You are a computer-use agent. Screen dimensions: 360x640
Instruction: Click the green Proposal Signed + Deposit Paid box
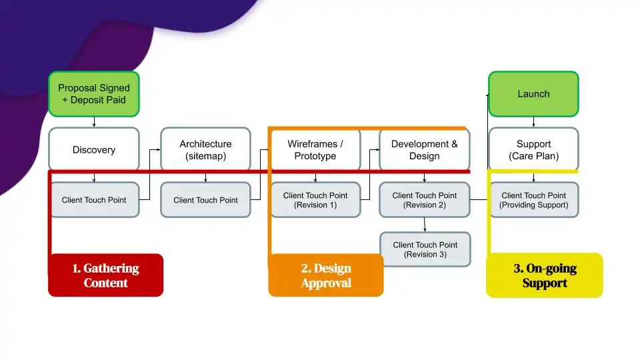94,94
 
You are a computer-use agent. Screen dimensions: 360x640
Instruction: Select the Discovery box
94,149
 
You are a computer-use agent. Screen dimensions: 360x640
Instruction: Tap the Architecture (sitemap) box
205,149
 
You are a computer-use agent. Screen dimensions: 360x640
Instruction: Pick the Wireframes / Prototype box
315,149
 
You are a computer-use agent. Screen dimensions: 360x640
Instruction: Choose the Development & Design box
425,149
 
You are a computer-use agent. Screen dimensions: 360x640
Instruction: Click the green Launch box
533,94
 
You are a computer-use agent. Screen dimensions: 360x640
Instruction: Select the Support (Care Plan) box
533,149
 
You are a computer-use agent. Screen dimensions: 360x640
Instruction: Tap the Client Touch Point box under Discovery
94,200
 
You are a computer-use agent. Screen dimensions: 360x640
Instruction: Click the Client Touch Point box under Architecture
205,200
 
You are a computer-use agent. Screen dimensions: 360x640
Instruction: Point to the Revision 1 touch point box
315,200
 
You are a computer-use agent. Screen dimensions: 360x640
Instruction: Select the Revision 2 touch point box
425,200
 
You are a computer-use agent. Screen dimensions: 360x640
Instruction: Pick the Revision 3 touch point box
425,249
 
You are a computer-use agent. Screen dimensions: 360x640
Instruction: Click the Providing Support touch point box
533,200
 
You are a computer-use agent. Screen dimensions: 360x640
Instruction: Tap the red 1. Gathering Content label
105,275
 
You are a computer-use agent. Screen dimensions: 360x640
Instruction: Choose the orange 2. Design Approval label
326,275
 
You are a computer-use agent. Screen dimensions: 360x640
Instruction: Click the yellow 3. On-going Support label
545,275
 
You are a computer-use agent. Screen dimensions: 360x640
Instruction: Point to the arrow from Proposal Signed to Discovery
94,122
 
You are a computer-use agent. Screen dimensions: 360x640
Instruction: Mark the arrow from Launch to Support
533,122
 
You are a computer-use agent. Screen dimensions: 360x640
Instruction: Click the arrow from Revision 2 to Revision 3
425,225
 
